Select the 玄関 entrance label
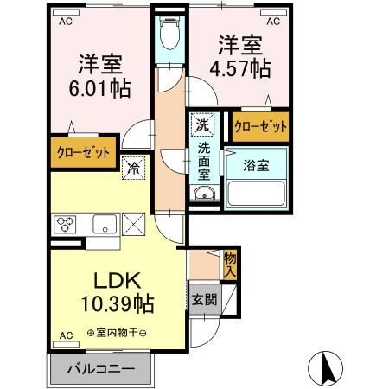pos(205,300)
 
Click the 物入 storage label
pos(229,262)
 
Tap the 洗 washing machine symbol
pos(201,124)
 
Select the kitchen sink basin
pos(104,224)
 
